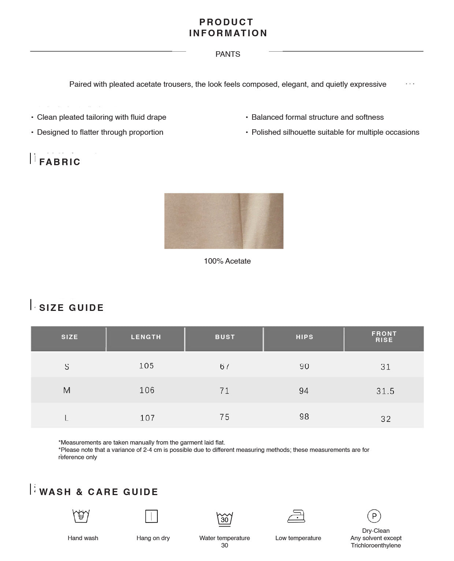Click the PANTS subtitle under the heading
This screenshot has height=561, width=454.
click(x=228, y=54)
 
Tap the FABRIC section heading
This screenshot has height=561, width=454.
click(x=60, y=162)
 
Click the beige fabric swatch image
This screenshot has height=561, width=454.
click(x=224, y=221)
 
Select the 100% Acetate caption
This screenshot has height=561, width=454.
click(x=227, y=261)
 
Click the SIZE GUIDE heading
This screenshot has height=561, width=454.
click(x=71, y=308)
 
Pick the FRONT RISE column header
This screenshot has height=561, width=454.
click(x=384, y=337)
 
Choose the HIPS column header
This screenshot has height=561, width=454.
click(x=305, y=337)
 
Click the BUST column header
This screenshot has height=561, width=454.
click(x=225, y=337)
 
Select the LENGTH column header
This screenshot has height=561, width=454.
click(x=146, y=337)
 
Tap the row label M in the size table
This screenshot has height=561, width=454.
click(x=67, y=390)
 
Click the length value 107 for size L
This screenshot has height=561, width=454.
click(x=147, y=418)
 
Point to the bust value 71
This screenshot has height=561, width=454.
click(x=224, y=391)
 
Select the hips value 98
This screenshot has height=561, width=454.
click(x=304, y=417)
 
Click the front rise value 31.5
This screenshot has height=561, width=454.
click(x=386, y=391)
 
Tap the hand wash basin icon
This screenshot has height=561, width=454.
click(x=81, y=516)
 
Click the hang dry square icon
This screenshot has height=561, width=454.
click(x=152, y=516)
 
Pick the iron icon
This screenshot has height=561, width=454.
click(x=296, y=516)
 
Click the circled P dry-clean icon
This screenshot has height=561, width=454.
click(x=374, y=516)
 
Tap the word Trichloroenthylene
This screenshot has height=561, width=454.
click(x=376, y=545)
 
